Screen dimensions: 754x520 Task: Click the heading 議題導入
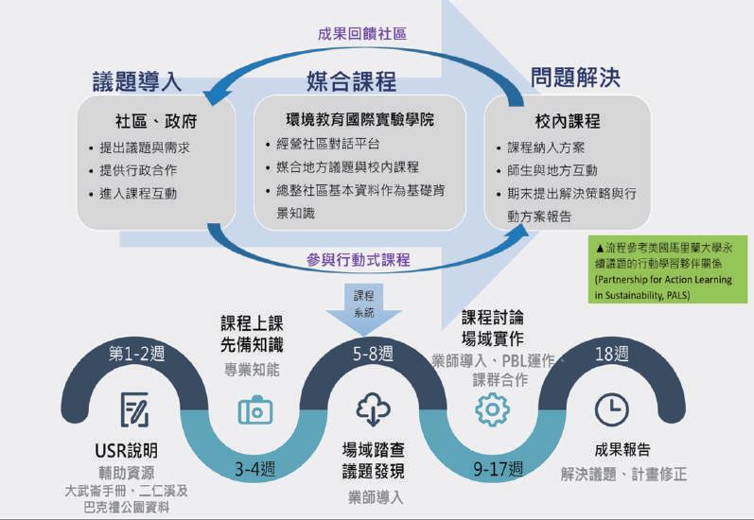136,81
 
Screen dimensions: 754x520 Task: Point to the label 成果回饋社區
361,34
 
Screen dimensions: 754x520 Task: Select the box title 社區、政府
157,121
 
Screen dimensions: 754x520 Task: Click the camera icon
255,409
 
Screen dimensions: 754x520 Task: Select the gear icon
492,409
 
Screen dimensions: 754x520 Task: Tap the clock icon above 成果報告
611,409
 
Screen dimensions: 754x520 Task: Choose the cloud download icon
373,409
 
